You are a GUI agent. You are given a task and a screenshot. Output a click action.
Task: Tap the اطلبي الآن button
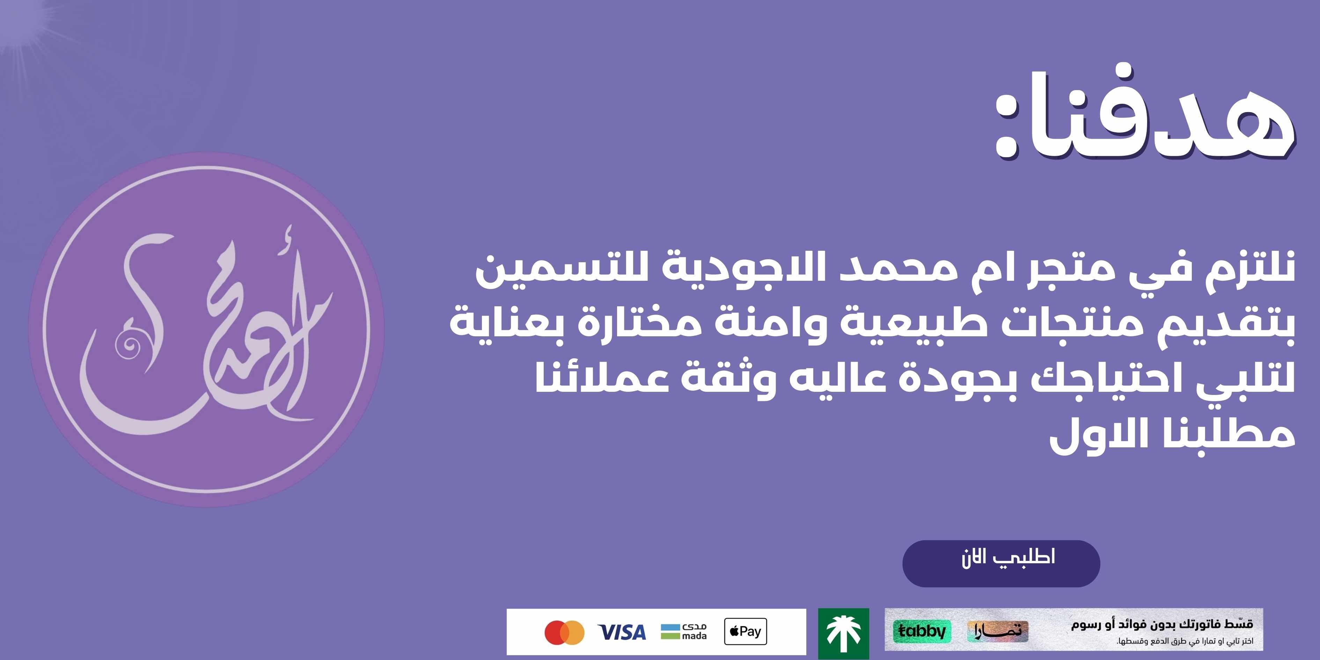click(1001, 563)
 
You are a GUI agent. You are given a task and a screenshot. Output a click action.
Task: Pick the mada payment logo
click(684, 632)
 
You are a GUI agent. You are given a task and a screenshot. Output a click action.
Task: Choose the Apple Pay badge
click(746, 631)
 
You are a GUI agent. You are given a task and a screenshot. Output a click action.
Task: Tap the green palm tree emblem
click(843, 633)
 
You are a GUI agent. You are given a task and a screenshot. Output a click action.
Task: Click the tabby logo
click(922, 631)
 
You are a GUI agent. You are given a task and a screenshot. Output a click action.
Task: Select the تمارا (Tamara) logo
click(998, 631)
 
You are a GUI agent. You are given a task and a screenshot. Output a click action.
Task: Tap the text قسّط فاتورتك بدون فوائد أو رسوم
click(1162, 625)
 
